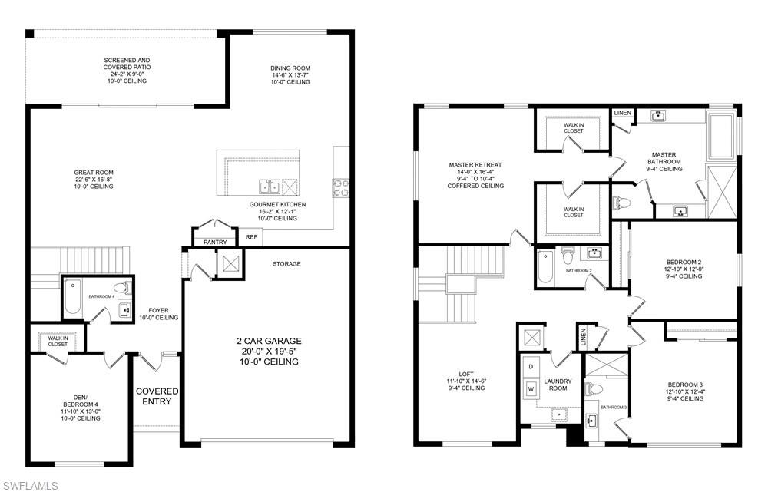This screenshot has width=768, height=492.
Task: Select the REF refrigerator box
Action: click(x=251, y=238)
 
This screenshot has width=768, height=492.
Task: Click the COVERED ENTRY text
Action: click(x=157, y=397)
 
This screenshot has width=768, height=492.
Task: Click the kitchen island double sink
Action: click(x=269, y=186)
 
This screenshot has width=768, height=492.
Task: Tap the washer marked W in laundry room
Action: click(x=529, y=389)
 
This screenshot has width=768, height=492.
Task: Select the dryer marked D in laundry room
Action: click(x=529, y=367)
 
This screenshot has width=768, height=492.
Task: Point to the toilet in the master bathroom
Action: click(x=622, y=203)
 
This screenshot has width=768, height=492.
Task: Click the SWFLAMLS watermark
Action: click(x=30, y=485)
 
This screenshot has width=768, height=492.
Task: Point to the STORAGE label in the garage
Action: click(x=286, y=264)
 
